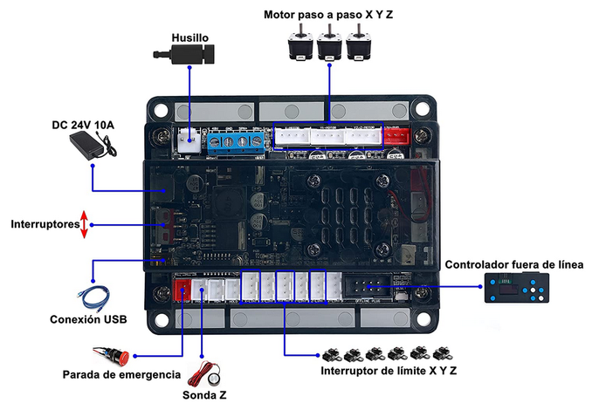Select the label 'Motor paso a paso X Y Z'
click(x=328, y=16)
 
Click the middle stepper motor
click(x=329, y=44)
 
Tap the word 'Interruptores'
click(x=43, y=224)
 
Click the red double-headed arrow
click(x=84, y=224)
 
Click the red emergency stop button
click(x=118, y=356)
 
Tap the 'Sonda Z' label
click(x=204, y=394)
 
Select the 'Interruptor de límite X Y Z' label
click(x=385, y=371)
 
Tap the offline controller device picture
click(x=517, y=287)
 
